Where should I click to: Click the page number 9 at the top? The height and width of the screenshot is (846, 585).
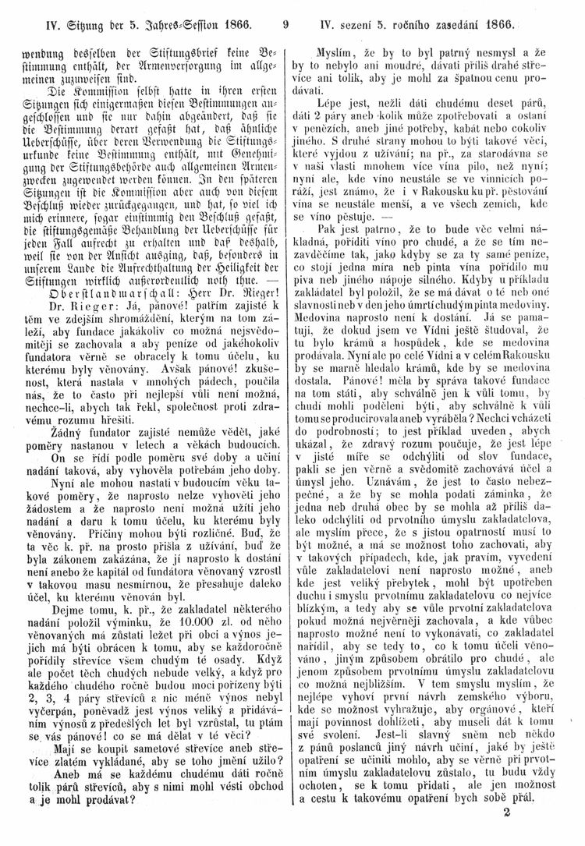point(287,23)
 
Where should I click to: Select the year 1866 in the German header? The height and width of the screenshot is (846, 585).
point(236,23)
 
